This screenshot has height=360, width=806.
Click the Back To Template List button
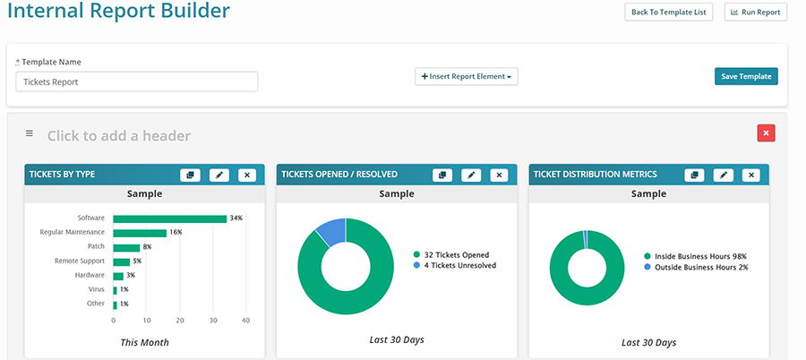click(x=668, y=12)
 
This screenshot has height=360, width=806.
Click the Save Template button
click(x=746, y=76)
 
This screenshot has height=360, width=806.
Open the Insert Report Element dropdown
click(x=466, y=77)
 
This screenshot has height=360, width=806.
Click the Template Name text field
click(x=137, y=81)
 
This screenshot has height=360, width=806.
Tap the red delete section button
click(x=766, y=133)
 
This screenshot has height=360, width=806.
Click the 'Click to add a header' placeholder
click(x=118, y=136)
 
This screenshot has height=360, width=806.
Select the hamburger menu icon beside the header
click(x=29, y=133)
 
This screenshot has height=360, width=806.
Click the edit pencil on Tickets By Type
click(x=219, y=175)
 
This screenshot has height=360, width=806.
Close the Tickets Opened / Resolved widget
click(x=499, y=175)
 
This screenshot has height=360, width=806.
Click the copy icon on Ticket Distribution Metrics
click(x=694, y=175)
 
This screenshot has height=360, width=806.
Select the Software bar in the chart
click(x=169, y=218)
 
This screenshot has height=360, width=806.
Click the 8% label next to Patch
click(x=147, y=246)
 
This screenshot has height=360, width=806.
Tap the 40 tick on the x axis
click(x=245, y=320)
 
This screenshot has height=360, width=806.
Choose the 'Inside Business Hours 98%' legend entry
click(x=695, y=256)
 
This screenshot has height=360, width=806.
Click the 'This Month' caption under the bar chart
click(x=144, y=342)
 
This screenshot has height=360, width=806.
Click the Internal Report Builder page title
click(x=118, y=12)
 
